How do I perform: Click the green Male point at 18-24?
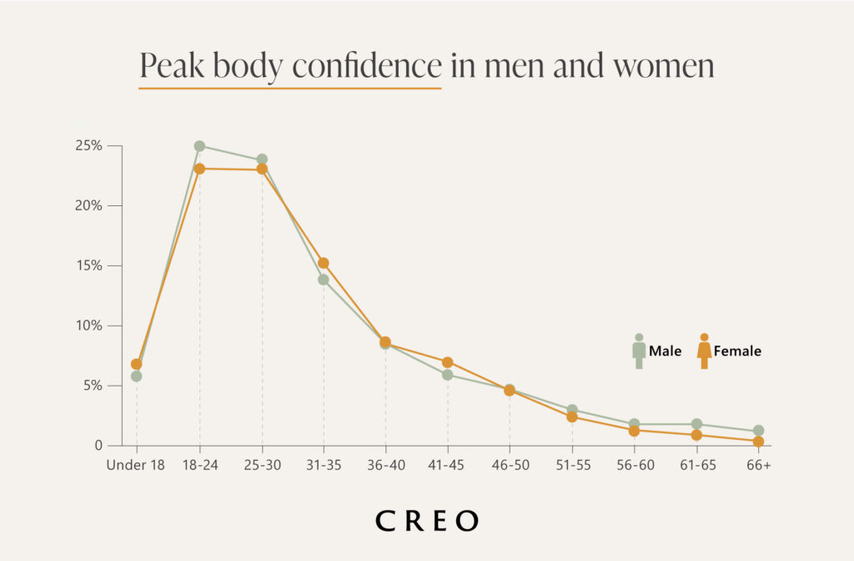(199, 146)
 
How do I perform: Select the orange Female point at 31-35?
(324, 263)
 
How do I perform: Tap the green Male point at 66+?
(758, 431)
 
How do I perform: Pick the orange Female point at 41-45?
(448, 362)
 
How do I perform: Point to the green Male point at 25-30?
(262, 159)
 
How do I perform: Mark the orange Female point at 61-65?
(696, 435)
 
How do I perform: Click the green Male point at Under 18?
(137, 377)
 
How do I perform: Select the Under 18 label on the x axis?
(137, 465)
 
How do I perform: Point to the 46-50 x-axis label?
(510, 465)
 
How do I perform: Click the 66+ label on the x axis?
(758, 465)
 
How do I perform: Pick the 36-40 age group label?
(385, 465)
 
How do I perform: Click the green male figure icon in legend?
(639, 351)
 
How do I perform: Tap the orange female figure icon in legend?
(704, 351)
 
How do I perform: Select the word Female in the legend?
(737, 351)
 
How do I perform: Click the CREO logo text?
(427, 521)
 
